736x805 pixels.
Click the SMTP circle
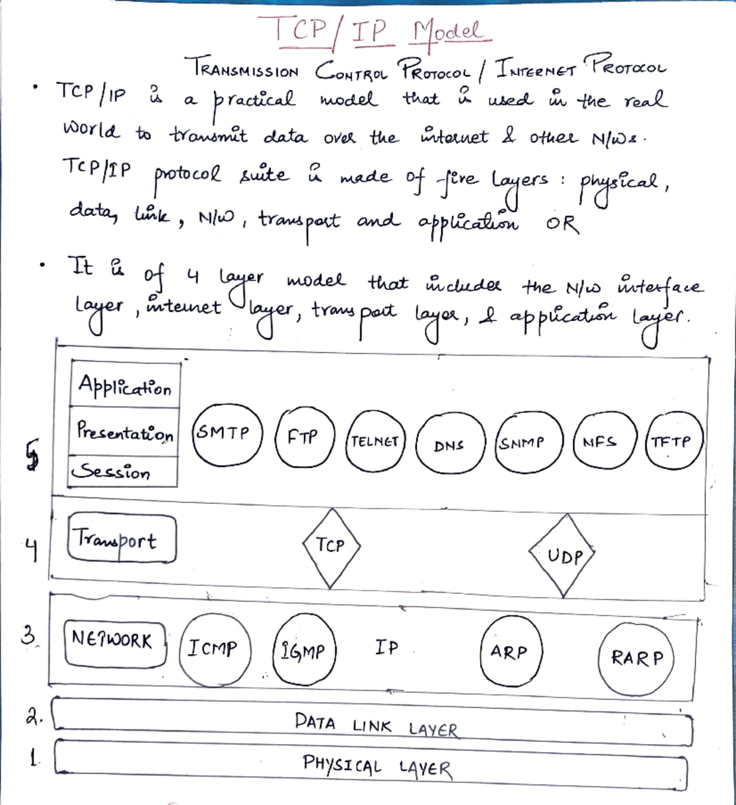click(227, 435)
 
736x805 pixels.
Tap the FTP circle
click(305, 437)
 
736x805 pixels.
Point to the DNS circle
click(450, 445)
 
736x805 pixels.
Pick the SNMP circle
click(528, 442)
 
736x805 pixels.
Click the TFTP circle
click(673, 441)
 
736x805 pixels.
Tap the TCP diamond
click(331, 546)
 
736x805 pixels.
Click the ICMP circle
click(215, 649)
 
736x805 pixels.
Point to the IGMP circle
click(304, 650)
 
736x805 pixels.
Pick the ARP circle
click(510, 652)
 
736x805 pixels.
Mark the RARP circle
click(636, 658)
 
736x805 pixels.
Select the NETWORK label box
click(115, 643)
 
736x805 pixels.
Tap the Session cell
click(123, 471)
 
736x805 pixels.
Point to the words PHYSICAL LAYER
click(377, 765)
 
